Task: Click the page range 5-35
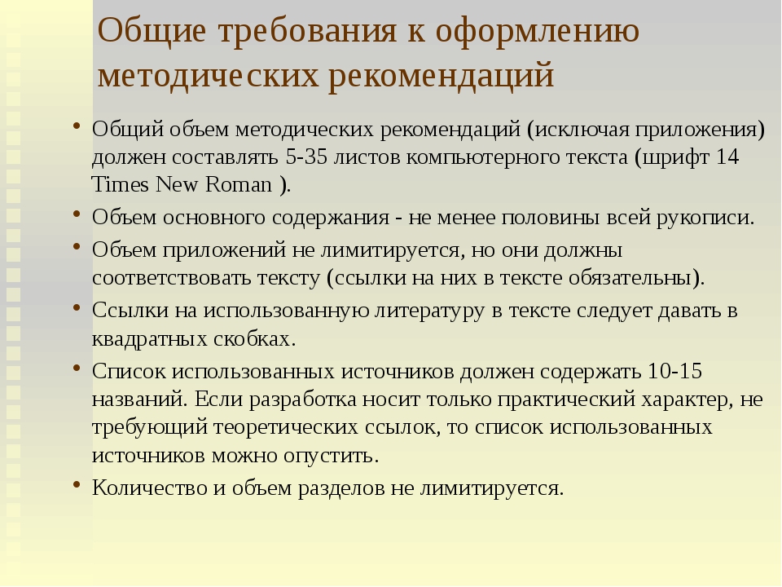tap(307, 157)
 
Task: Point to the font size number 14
tap(727, 157)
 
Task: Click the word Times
tap(121, 185)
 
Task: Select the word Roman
tap(239, 185)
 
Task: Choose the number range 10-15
tap(674, 372)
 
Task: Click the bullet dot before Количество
tap(77, 484)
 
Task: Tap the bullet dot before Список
tap(77, 369)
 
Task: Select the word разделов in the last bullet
tap(341, 488)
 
